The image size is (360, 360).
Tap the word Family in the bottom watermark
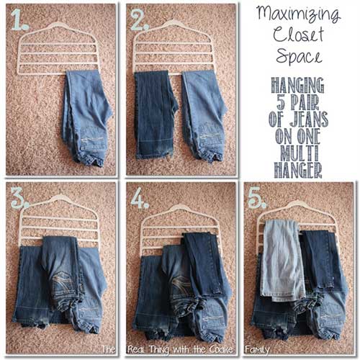point(256,348)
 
